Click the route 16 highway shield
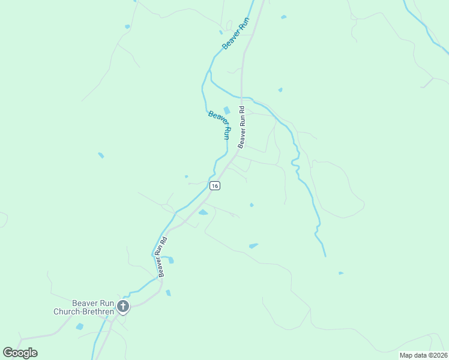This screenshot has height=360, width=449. (215, 186)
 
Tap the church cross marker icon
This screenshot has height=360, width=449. (123, 307)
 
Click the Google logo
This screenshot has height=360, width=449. (20, 353)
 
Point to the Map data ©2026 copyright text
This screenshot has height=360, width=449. (423, 355)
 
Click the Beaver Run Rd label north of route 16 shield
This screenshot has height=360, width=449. (242, 127)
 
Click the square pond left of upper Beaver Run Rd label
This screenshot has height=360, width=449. (226, 110)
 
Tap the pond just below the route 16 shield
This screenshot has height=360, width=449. (203, 212)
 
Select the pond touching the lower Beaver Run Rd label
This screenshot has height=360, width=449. (171, 260)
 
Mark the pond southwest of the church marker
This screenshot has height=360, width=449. (80, 326)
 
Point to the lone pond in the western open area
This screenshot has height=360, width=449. (101, 155)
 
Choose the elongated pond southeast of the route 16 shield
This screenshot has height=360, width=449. (253, 245)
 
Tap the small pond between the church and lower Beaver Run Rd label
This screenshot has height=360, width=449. (168, 293)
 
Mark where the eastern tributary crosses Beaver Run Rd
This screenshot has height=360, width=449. (242, 97)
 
